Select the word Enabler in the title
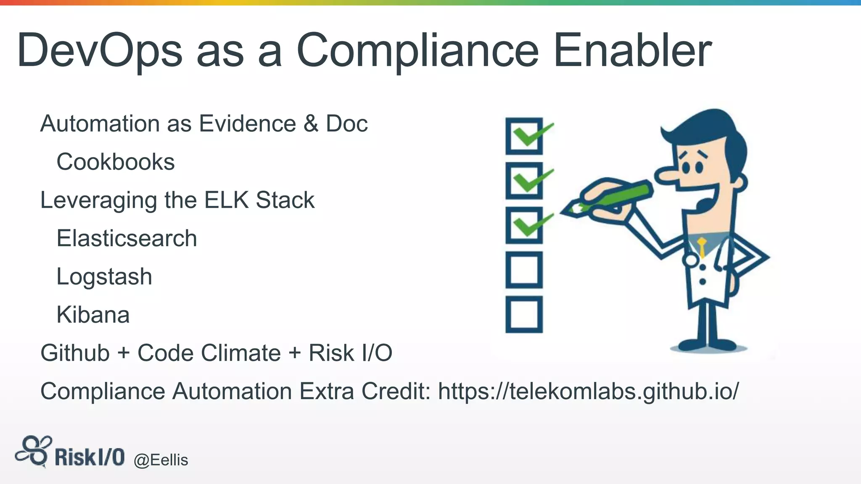pos(632,51)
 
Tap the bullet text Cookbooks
pos(116,162)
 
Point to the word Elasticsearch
pos(127,239)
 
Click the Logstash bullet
pos(104,277)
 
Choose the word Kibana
pos(93,315)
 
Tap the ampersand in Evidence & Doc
pos(311,124)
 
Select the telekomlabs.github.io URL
pos(588,391)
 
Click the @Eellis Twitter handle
pos(161,460)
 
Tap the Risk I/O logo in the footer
pos(70,453)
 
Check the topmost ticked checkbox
pos(524,136)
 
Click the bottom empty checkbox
pos(524,315)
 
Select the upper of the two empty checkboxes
pos(524,270)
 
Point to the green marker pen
pos(610,197)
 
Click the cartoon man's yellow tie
pos(702,247)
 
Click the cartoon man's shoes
pos(709,345)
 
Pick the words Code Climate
pos(209,353)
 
